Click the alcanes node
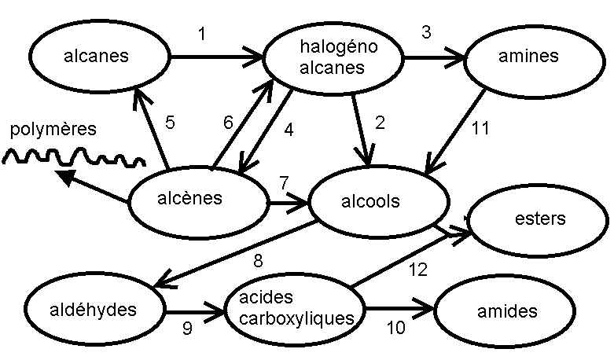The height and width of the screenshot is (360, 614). pyautogui.click(x=98, y=57)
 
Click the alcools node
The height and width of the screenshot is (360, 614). pyautogui.click(x=371, y=202)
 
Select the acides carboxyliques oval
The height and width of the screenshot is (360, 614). pyautogui.click(x=295, y=309)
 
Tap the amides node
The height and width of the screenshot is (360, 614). pyautogui.click(x=506, y=311)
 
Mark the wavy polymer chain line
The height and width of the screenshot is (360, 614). pyautogui.click(x=74, y=158)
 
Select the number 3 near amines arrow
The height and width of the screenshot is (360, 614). pyautogui.click(x=426, y=33)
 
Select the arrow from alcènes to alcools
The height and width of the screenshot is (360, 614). pyautogui.click(x=287, y=204)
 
